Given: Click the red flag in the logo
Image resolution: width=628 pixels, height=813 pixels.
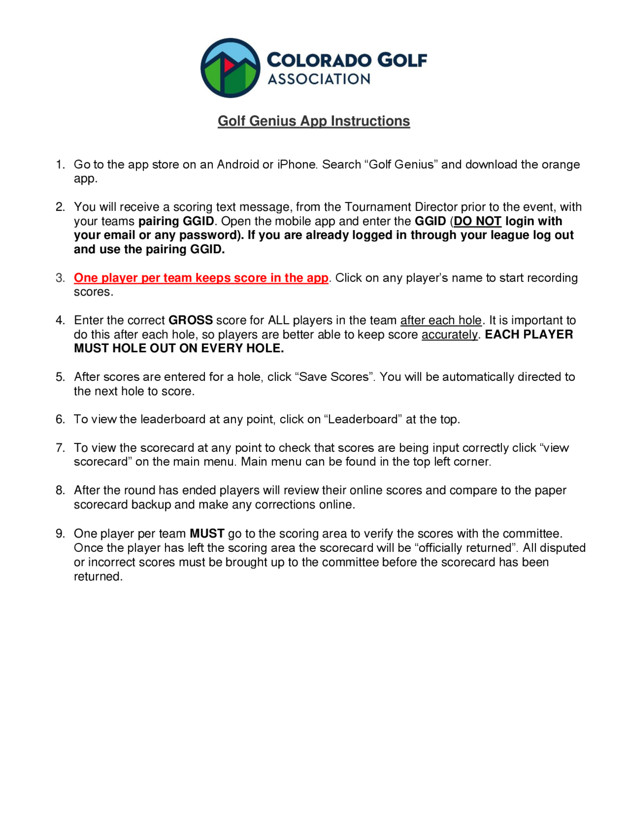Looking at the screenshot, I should pos(228,65).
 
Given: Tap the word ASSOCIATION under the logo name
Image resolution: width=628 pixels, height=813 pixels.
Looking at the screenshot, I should pos(319,79).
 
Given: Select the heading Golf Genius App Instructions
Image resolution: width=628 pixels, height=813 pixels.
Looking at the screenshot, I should pos(314,121).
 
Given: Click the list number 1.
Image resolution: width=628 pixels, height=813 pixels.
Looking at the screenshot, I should pos(60,165).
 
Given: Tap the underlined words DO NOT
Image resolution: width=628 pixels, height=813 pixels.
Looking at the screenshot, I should pos(477,221).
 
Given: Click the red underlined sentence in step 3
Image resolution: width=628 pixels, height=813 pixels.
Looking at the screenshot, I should pos(201,278).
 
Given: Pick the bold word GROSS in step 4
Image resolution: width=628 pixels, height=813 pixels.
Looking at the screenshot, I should pos(191,320).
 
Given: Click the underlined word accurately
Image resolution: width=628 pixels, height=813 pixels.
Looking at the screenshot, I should pos(449,334).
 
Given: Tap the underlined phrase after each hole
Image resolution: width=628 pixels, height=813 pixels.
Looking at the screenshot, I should pos(441,320).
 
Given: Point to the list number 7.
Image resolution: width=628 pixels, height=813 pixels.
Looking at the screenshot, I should pos(60,447).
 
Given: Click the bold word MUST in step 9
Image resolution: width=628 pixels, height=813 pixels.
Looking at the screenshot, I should pos(207,533).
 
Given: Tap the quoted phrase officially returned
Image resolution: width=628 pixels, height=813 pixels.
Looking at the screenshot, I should pos(465,548).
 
